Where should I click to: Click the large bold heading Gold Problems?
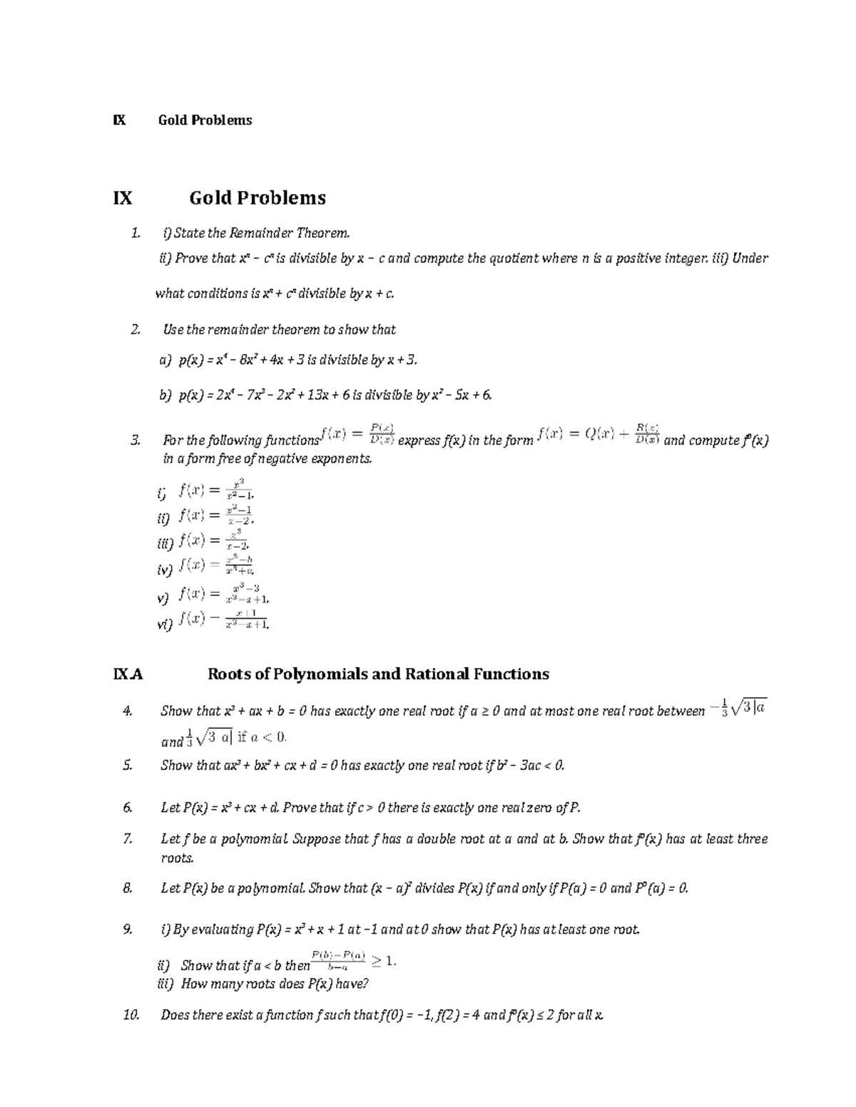point(257,197)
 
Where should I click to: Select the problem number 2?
point(135,329)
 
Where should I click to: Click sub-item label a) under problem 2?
point(165,361)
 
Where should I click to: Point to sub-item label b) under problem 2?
point(165,395)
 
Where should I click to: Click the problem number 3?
point(135,441)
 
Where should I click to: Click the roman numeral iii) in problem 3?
point(165,543)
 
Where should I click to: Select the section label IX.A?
point(128,674)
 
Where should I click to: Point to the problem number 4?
point(128,711)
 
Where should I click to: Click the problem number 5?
point(128,766)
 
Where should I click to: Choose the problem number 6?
point(128,808)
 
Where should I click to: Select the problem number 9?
point(128,930)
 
